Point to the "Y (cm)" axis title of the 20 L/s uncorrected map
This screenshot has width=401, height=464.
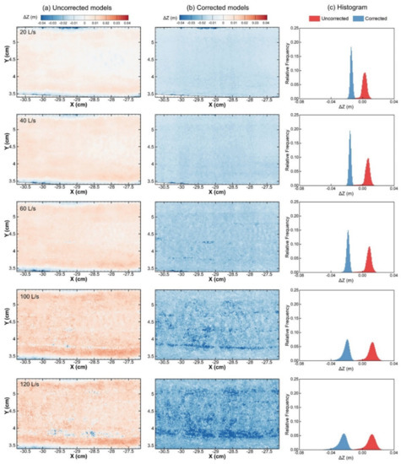[x=7, y=59]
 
